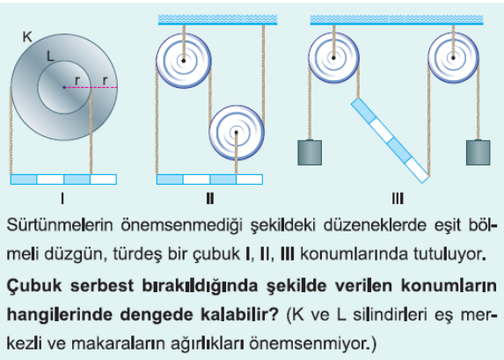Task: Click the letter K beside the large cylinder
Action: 27,37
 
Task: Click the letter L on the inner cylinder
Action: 50,56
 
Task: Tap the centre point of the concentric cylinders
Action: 64,87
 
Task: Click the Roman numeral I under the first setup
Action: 62,199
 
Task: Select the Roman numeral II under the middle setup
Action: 210,199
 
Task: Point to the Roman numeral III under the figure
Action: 398,199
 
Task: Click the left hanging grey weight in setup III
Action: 310,152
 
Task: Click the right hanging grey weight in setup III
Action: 478,152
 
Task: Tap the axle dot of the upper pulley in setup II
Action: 183,61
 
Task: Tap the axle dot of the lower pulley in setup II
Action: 237,132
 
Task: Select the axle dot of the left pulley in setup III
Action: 333,58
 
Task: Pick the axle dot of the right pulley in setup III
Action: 453,58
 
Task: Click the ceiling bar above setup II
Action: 217,19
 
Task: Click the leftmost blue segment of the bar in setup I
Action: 24,180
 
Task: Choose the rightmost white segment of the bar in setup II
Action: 250,180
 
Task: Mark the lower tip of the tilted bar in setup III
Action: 424,183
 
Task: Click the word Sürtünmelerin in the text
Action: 60,224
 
